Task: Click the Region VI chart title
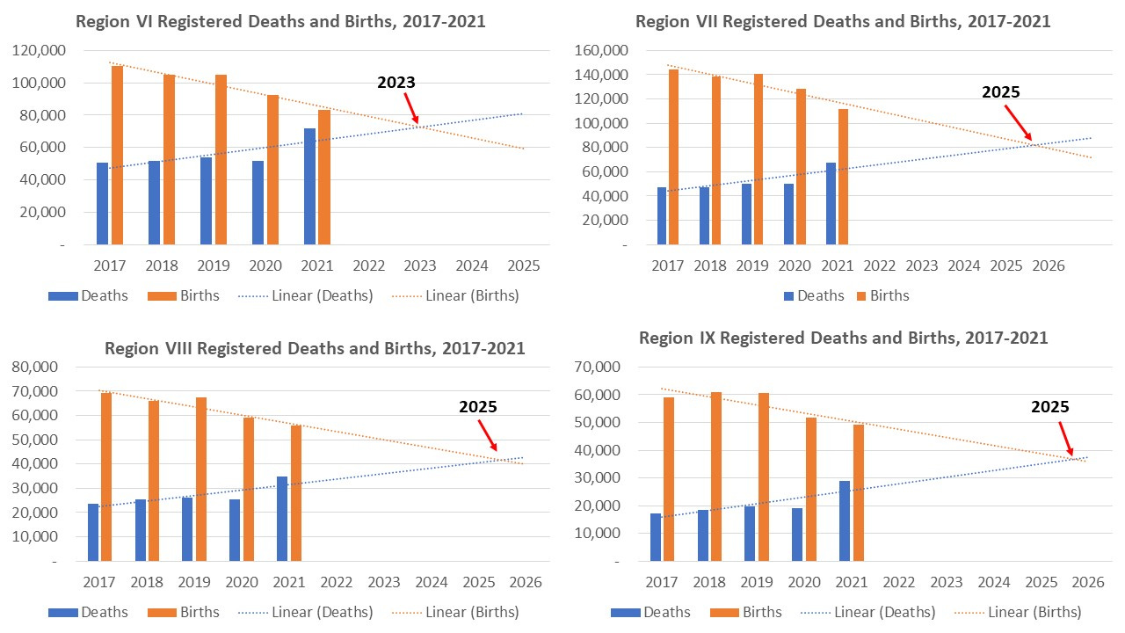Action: click(x=280, y=21)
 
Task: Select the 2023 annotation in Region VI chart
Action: click(x=396, y=83)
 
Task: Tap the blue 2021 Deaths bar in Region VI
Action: click(x=309, y=186)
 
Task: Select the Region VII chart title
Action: click(x=843, y=21)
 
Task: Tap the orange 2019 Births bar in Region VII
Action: click(x=758, y=159)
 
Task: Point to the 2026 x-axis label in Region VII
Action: click(x=1048, y=266)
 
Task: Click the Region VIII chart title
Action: click(x=315, y=348)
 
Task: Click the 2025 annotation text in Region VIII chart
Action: click(x=478, y=407)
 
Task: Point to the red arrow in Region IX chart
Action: click(x=1066, y=439)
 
